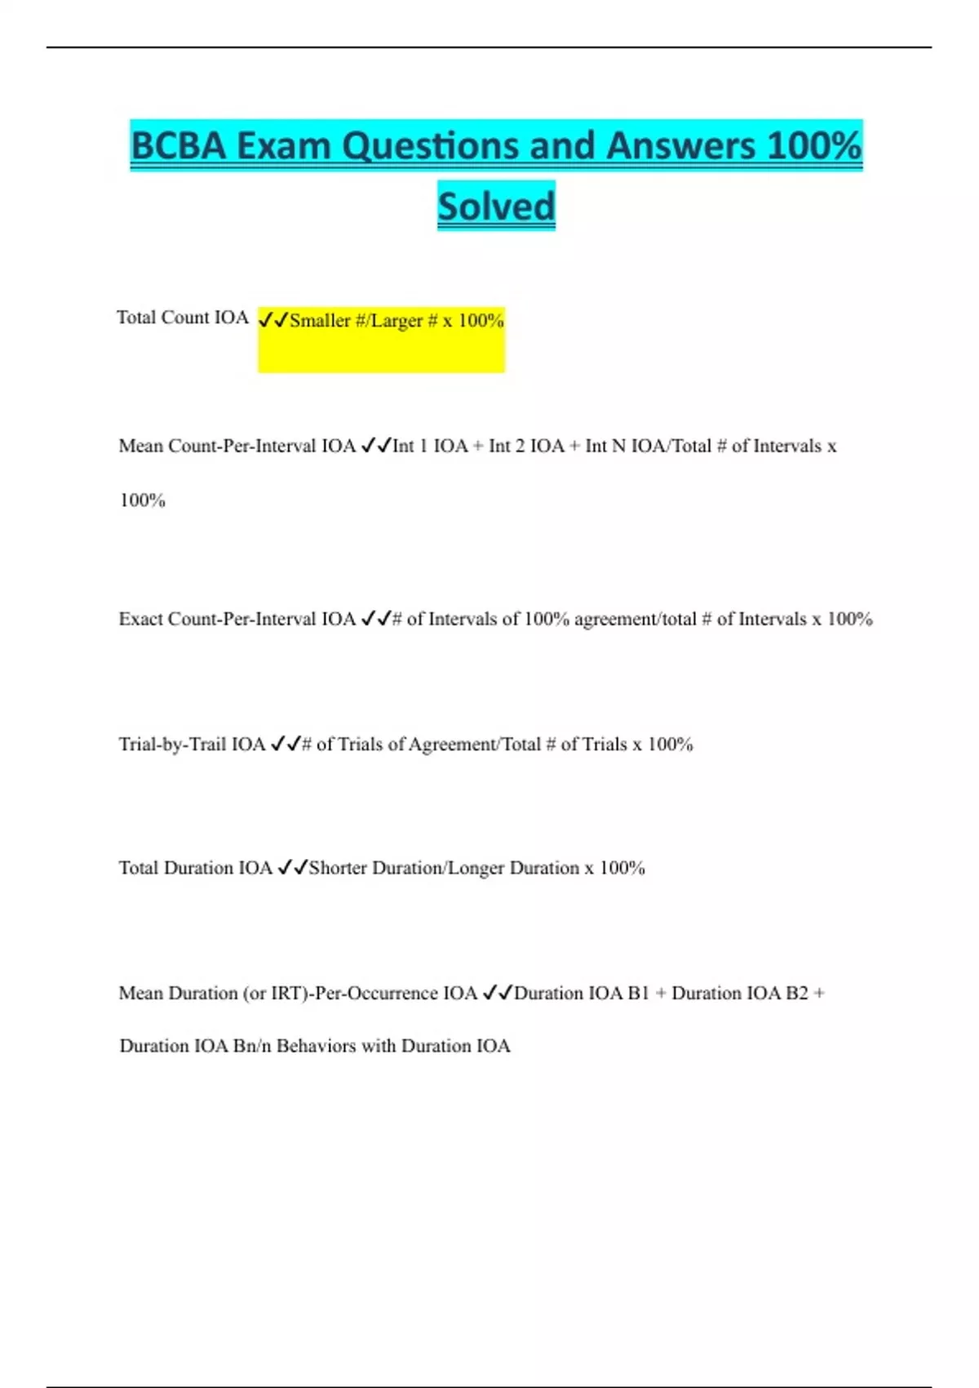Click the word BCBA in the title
click(x=178, y=146)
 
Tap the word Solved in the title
click(x=496, y=206)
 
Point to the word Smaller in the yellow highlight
click(x=320, y=321)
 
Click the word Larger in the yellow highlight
click(x=396, y=321)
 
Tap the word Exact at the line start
click(x=140, y=619)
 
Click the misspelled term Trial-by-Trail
click(x=172, y=744)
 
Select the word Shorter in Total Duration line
click(x=338, y=868)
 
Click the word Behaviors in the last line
click(x=316, y=1046)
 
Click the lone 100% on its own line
click(x=143, y=500)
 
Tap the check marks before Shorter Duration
click(x=293, y=868)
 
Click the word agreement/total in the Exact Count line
click(x=636, y=619)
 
